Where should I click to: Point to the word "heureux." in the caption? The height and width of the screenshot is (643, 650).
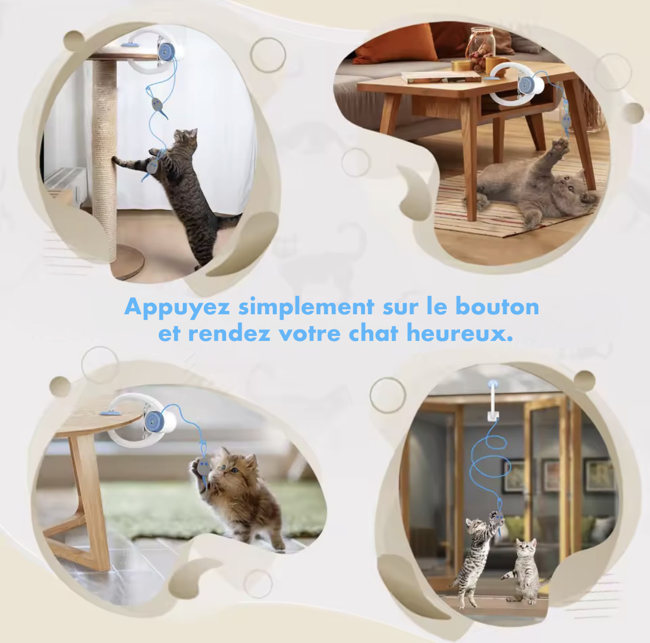point(459,333)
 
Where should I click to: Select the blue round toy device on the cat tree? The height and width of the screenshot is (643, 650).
point(166,52)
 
